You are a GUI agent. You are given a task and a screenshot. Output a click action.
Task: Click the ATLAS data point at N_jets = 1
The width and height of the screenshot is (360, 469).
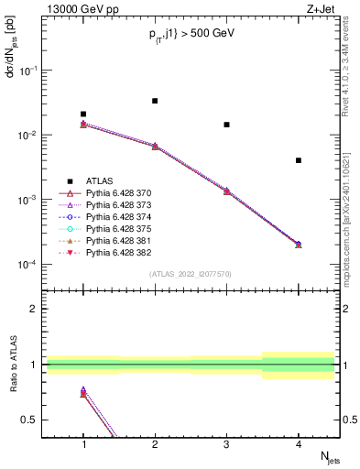(83, 115)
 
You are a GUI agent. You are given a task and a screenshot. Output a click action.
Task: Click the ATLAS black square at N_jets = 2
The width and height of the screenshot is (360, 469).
(155, 101)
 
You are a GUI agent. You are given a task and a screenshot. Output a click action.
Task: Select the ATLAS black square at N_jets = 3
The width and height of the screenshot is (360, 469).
(226, 125)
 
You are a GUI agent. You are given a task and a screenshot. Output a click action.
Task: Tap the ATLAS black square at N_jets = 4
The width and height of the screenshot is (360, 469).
(299, 160)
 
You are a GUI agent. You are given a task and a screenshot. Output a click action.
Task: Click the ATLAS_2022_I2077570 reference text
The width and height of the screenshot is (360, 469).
(191, 274)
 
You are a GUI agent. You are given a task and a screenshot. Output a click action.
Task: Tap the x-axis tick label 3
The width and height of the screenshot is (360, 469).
(226, 442)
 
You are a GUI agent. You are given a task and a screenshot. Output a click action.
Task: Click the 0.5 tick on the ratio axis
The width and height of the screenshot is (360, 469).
(34, 420)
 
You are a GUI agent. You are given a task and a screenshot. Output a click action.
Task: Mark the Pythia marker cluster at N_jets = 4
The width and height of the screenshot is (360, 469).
(299, 245)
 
